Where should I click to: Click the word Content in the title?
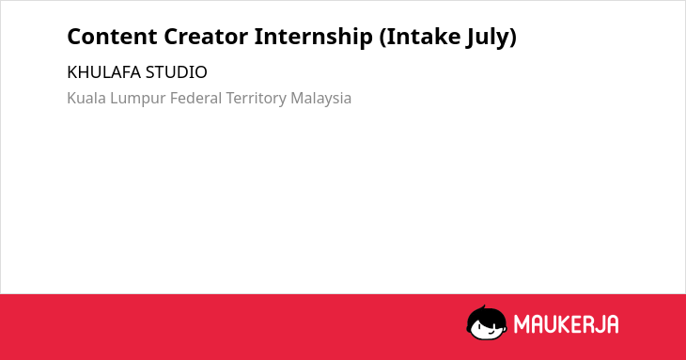112,37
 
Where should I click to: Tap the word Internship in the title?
313,38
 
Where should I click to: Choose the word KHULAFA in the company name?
104,72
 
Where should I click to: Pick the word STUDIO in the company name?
177,72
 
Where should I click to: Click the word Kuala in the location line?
86,98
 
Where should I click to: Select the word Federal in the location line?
196,98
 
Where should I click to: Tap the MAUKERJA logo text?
566,324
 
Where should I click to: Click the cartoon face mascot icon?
487,323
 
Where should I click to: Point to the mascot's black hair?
486,315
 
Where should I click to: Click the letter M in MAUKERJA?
521,324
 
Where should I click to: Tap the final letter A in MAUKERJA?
612,324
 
